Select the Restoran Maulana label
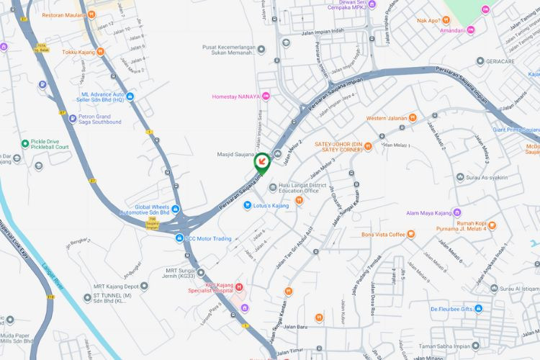tap(64, 14)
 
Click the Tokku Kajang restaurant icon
tap(100, 52)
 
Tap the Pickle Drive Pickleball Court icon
tap(25, 143)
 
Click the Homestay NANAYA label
tap(235, 96)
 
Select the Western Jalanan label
tap(386, 117)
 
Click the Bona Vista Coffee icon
tap(411, 234)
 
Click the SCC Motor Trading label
tap(208, 238)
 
